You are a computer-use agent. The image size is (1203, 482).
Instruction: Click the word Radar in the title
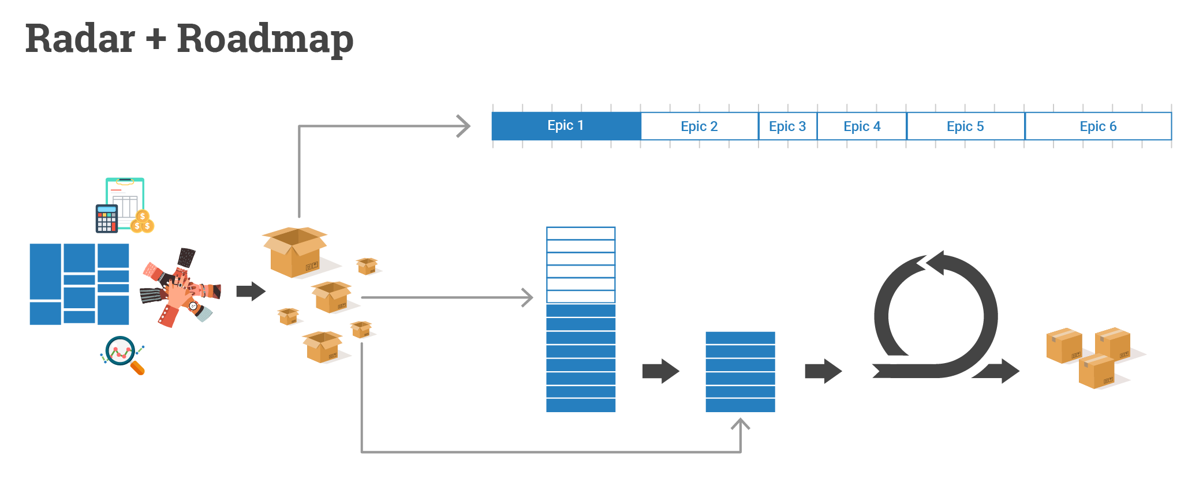[x=80, y=39]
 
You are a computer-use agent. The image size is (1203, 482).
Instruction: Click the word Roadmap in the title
[x=265, y=39]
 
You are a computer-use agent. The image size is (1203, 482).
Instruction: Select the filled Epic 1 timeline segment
[x=566, y=126]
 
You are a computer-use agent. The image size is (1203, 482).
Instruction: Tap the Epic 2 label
[x=699, y=126]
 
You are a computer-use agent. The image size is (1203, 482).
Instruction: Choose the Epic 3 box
[x=787, y=126]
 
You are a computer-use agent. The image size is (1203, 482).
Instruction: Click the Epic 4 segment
[x=862, y=126]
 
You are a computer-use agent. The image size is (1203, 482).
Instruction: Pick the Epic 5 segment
[x=965, y=126]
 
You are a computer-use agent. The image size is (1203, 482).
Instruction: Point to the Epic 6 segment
[x=1098, y=126]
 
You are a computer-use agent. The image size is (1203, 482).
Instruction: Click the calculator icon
[x=106, y=218]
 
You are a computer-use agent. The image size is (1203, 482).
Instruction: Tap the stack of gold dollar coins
[x=143, y=222]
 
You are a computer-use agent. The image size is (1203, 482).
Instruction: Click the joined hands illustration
[x=180, y=287]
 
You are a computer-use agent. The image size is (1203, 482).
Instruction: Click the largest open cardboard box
[x=295, y=252]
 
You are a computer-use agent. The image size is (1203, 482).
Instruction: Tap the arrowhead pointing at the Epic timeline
[x=463, y=126]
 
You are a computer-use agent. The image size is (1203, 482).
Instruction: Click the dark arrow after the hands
[x=251, y=291]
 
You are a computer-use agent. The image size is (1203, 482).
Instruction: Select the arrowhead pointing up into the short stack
[x=740, y=425]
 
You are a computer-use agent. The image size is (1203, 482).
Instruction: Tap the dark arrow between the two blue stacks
[x=660, y=371]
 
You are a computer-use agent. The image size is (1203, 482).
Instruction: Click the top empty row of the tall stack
[x=581, y=233]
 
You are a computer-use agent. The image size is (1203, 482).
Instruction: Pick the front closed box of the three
[x=1096, y=372]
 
